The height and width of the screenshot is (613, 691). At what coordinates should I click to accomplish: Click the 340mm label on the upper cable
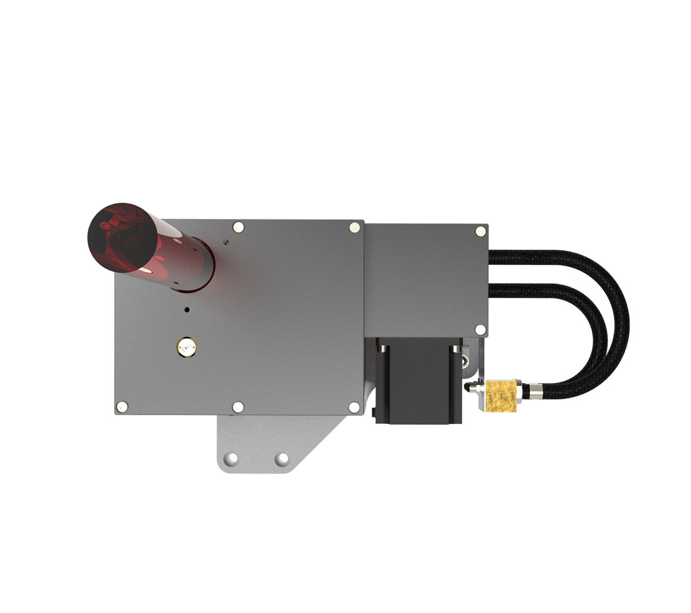[x=536, y=257]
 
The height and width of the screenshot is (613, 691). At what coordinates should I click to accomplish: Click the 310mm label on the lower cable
[x=531, y=291]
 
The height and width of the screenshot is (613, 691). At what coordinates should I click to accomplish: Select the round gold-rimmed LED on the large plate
[x=186, y=347]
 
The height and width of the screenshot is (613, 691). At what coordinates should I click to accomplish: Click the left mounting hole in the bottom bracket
[x=232, y=458]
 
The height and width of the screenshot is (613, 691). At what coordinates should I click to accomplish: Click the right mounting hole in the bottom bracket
[x=281, y=459]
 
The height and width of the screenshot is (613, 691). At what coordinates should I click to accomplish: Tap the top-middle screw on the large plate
[x=238, y=227]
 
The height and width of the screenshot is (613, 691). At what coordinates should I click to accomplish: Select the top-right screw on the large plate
[x=354, y=227]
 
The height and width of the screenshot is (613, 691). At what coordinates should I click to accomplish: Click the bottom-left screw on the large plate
[x=121, y=407]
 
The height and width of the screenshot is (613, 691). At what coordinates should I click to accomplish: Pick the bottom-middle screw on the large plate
[x=238, y=407]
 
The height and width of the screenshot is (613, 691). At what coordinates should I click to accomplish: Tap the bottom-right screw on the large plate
[x=354, y=407]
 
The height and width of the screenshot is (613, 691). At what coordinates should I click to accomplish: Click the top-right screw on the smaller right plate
[x=480, y=231]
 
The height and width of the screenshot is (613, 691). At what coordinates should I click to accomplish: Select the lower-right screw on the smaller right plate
[x=480, y=329]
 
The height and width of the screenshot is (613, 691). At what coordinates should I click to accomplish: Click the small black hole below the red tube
[x=187, y=310]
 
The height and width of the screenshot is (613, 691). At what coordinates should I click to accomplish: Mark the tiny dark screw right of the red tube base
[x=226, y=243]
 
